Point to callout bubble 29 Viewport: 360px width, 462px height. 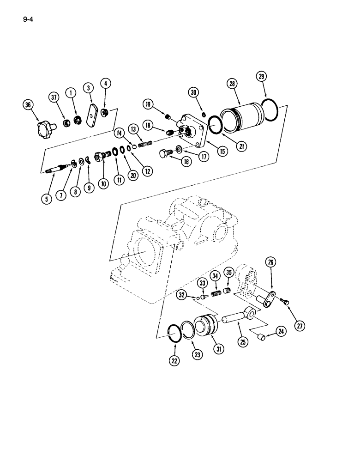coord(262,77)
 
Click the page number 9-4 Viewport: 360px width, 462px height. coord(26,19)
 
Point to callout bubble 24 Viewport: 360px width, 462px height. coord(281,330)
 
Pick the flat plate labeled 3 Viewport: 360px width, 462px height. coord(92,115)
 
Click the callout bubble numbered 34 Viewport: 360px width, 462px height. coord(215,276)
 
